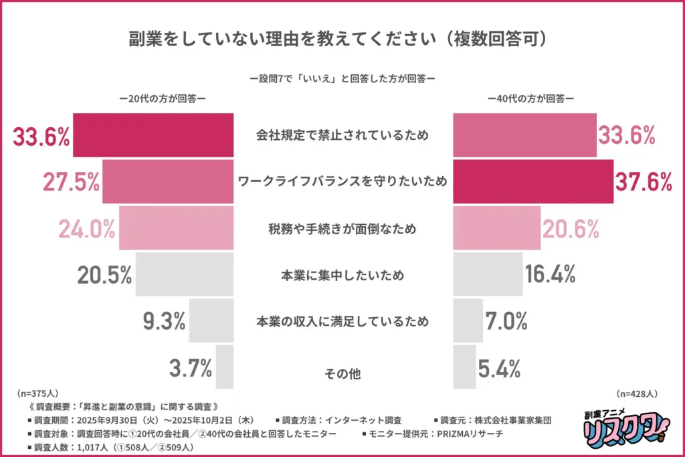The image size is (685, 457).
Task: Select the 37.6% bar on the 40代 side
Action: tap(533, 182)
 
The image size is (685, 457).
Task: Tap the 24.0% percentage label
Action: tap(87, 229)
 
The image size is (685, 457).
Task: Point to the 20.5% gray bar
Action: tap(185, 274)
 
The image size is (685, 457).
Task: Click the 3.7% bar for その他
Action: tap(225, 367)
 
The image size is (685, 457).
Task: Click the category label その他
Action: tap(342, 373)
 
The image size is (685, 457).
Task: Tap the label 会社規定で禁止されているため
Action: tap(342, 136)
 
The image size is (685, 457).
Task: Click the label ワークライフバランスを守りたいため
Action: tap(342, 182)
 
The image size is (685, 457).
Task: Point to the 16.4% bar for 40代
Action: tap(488, 274)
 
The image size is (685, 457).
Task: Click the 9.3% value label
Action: tap(164, 322)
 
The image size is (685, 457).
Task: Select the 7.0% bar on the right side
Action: tap(468, 321)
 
